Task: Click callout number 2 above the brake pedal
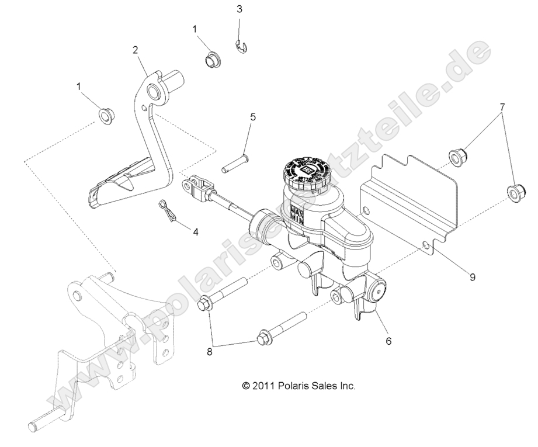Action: [x=135, y=50]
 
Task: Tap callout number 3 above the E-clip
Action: [x=239, y=9]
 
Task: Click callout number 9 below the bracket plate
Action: [x=472, y=278]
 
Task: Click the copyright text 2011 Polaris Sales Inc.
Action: [x=298, y=386]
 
